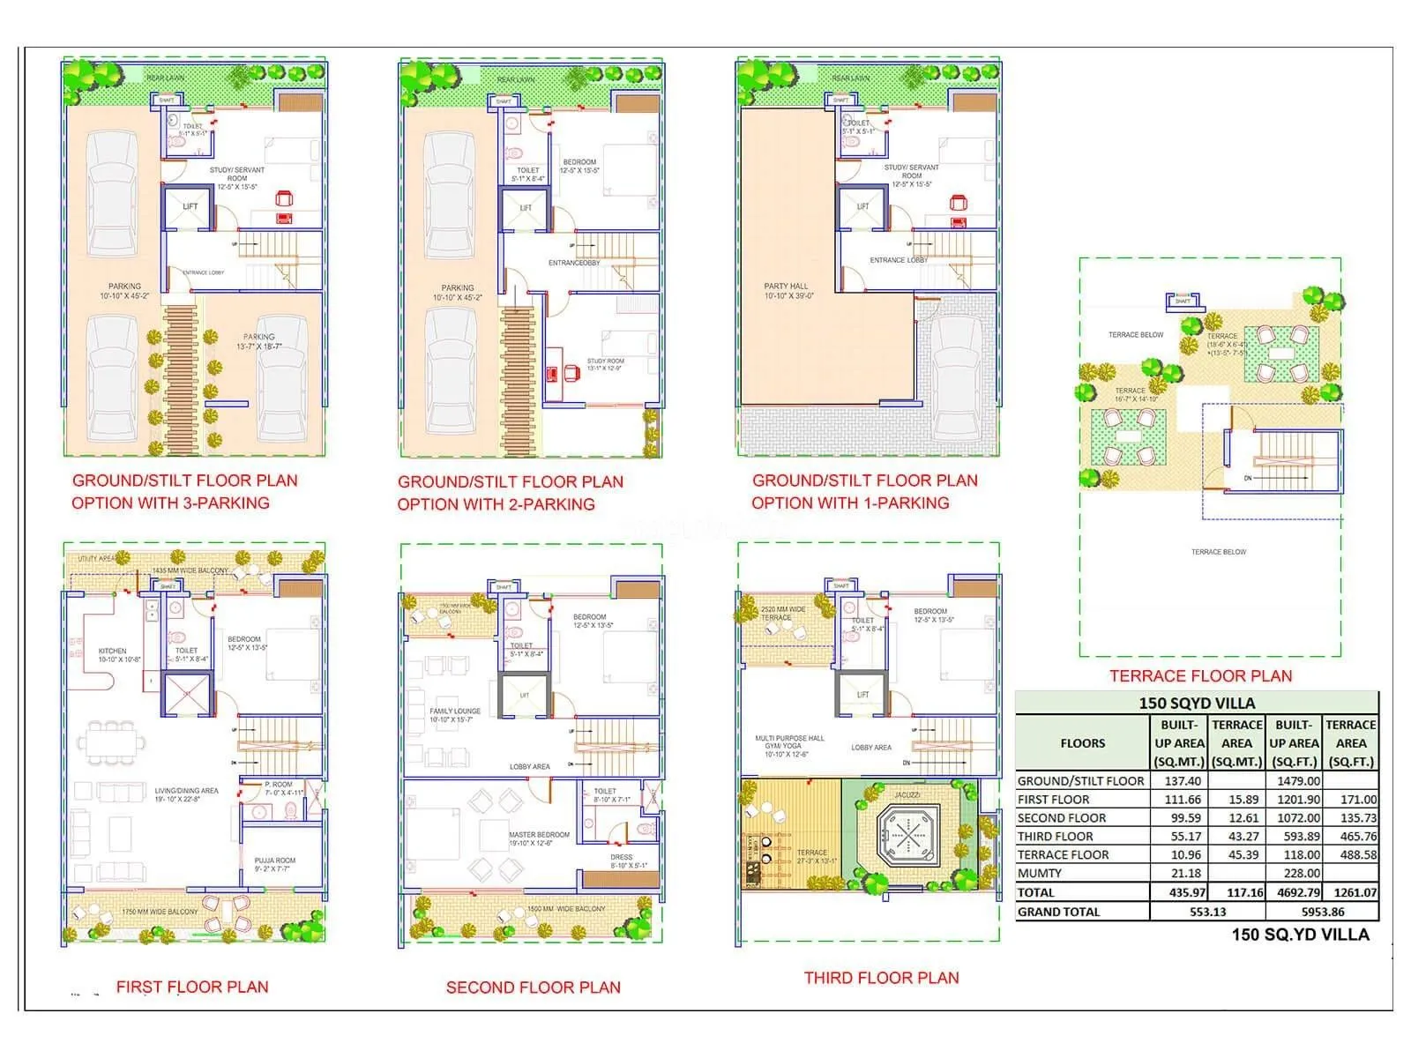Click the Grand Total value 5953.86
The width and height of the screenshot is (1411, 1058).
(x=1322, y=913)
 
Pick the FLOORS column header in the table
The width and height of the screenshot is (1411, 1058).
(x=1082, y=743)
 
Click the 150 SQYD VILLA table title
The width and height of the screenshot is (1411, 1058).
(x=1196, y=704)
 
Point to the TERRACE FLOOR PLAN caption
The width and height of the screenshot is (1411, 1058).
(x=1200, y=676)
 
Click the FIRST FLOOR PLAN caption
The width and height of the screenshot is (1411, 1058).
(x=192, y=987)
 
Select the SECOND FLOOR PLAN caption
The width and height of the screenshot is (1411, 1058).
(x=533, y=987)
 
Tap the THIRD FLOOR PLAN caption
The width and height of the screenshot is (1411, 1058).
(x=881, y=978)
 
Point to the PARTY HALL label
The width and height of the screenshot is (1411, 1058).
(x=786, y=287)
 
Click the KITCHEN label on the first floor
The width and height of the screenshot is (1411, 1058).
(x=113, y=651)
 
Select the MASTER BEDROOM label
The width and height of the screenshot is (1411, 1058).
(x=539, y=834)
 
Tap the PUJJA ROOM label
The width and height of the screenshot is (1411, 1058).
(x=274, y=861)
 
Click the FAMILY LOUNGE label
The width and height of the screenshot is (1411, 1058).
(x=454, y=711)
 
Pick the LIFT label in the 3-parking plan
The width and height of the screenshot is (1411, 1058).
(x=190, y=206)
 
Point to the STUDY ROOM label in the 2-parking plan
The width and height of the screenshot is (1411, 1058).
(x=605, y=361)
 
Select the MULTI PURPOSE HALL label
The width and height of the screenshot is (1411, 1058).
(x=789, y=739)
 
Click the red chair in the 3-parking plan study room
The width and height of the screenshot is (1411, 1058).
(x=284, y=199)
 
